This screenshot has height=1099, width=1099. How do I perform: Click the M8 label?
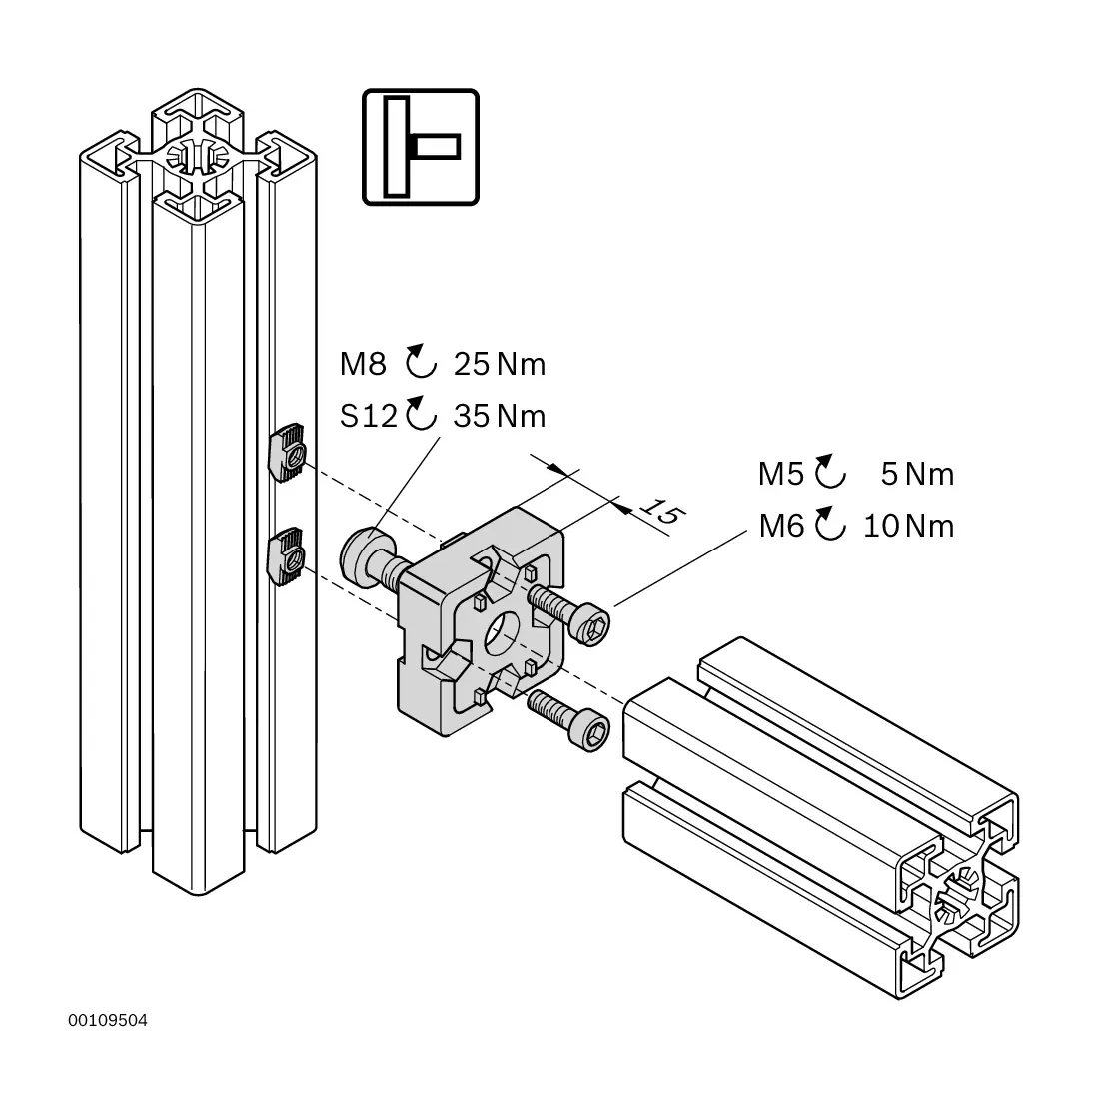[x=363, y=364]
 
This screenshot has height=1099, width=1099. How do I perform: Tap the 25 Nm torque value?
[x=499, y=364]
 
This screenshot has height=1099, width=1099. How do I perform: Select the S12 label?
[x=369, y=416]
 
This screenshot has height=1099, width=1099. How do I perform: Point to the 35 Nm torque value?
[x=499, y=416]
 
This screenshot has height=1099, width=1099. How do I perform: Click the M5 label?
[x=781, y=474]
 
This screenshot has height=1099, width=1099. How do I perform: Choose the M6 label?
[x=781, y=526]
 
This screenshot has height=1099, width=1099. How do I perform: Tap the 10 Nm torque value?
[x=908, y=526]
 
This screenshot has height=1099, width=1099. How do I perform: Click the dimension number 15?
[x=661, y=511]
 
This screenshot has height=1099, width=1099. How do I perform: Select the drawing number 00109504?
[x=108, y=1020]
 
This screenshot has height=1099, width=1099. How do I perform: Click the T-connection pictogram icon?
[x=421, y=147]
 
